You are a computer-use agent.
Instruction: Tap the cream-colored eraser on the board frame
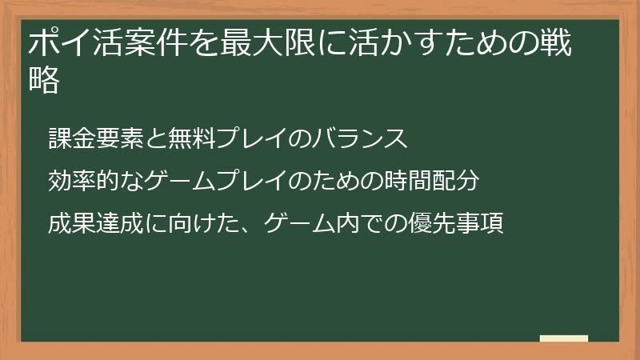click(563, 338)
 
